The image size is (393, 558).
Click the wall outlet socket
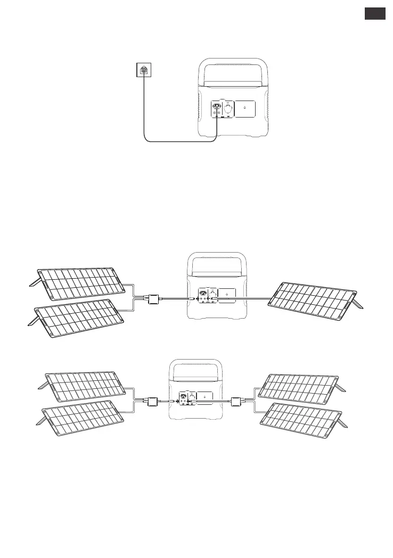(x=143, y=70)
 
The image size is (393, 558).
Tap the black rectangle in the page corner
(x=375, y=14)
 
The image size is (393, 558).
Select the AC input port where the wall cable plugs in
(x=217, y=105)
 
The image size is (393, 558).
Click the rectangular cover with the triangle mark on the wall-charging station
(x=244, y=109)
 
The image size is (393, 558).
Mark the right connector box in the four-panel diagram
(x=238, y=402)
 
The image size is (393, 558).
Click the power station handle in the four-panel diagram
(x=195, y=372)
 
